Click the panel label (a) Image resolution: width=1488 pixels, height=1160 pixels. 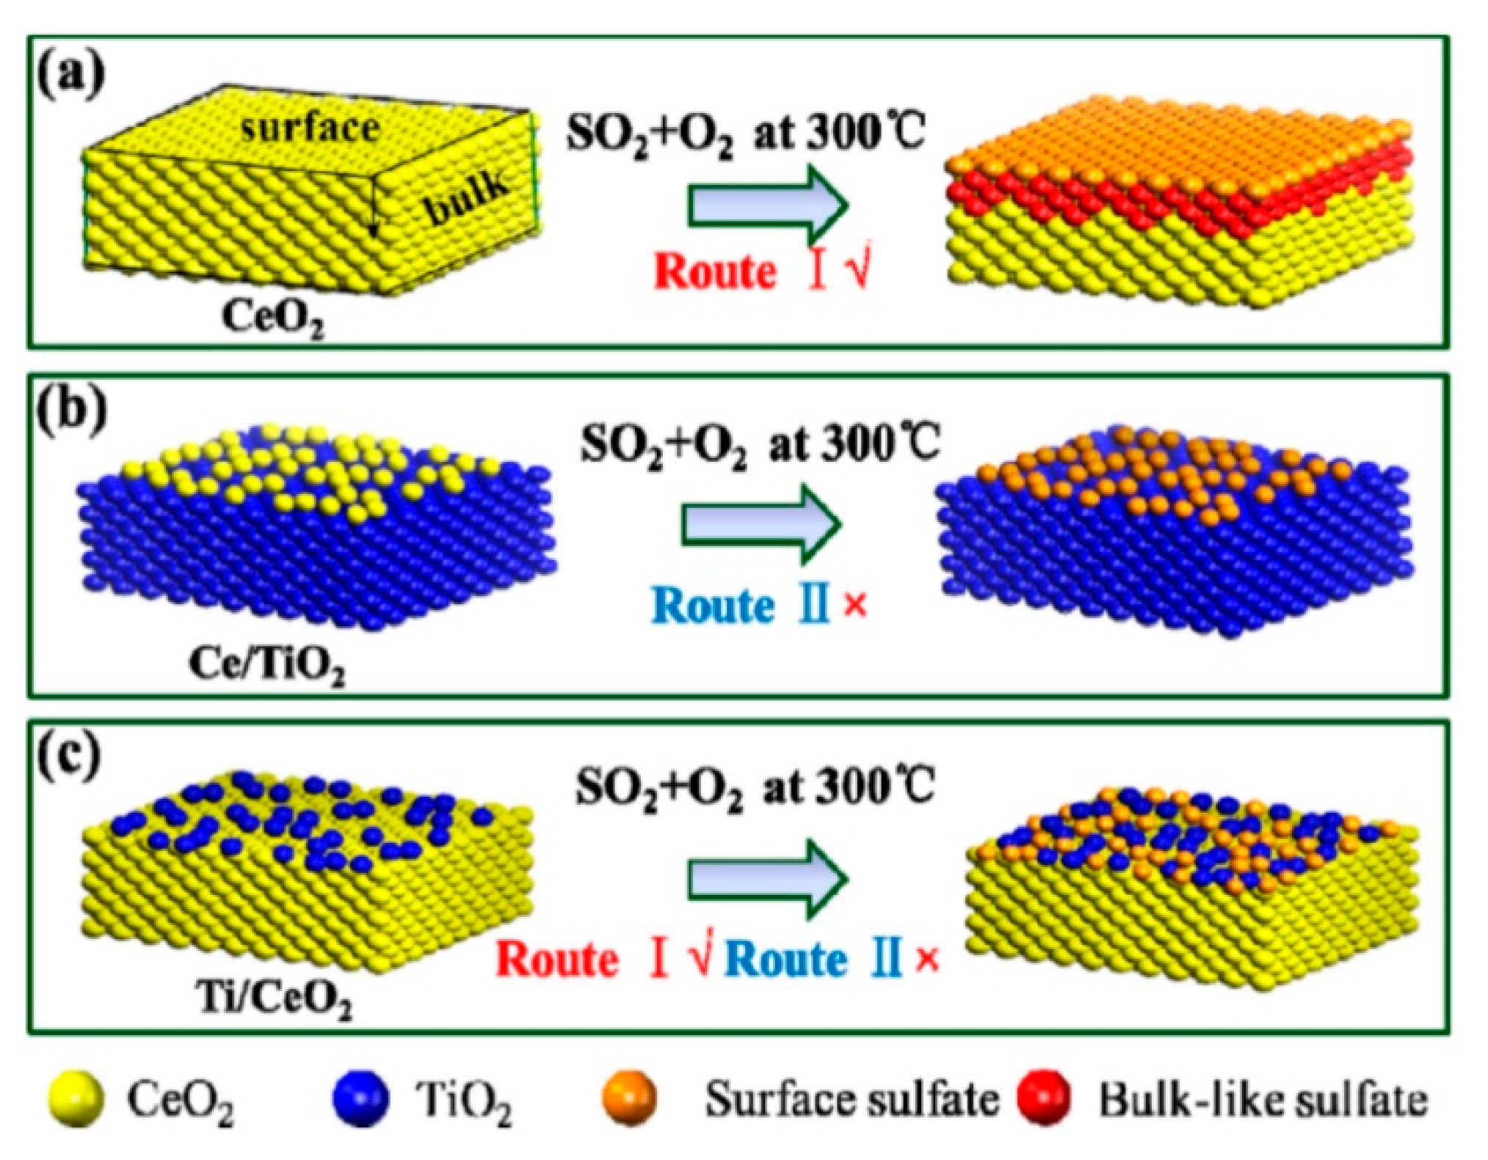tap(71, 74)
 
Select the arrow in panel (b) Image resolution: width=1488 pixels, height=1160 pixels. tap(761, 524)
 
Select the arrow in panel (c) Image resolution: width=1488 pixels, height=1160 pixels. tap(768, 880)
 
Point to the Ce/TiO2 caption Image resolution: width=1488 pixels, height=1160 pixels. tap(266, 665)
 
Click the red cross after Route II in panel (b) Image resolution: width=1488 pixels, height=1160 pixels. tap(855, 606)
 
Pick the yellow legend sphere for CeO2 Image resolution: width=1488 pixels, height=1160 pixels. tap(76, 1098)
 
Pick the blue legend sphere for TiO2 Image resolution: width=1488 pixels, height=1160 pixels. tap(360, 1098)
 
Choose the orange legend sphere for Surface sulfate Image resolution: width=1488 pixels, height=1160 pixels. tap(629, 1098)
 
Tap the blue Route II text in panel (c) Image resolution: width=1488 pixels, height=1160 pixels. tap(812, 960)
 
